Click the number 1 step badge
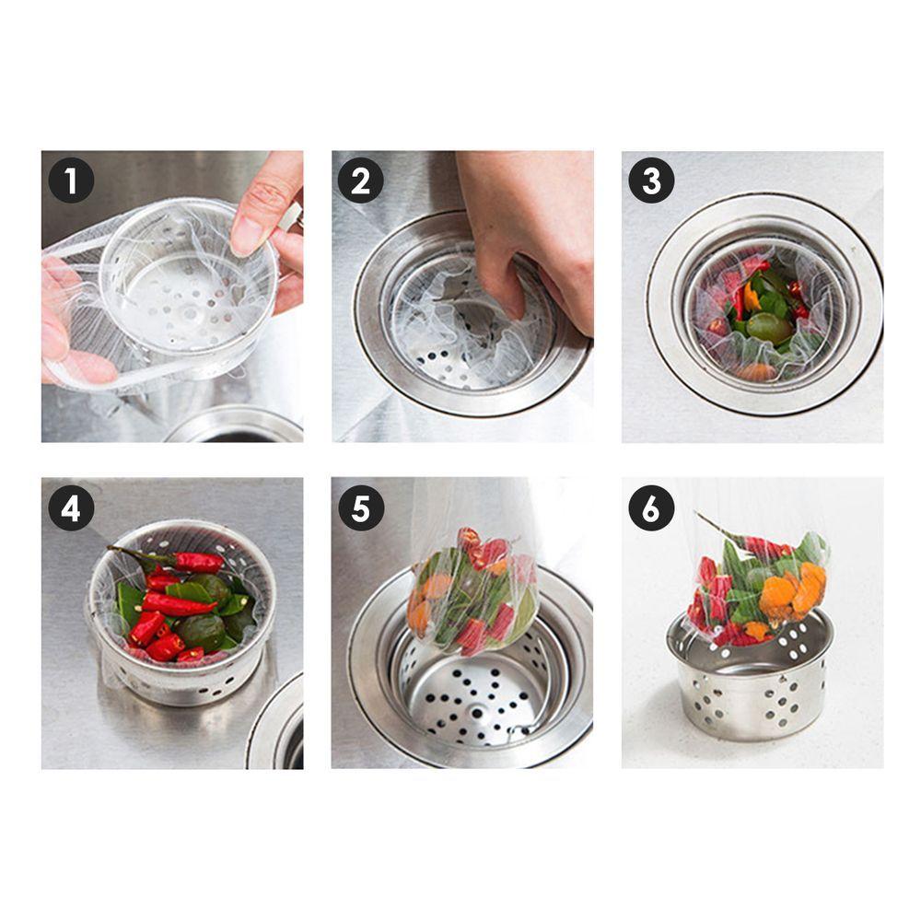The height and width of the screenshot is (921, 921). [x=71, y=181]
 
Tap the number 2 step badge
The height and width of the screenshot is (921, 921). [x=361, y=181]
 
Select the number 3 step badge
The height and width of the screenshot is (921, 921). [x=651, y=181]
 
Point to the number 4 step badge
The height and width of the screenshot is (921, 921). [x=71, y=508]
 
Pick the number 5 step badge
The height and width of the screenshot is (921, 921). [x=361, y=508]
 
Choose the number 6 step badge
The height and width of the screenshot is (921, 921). [x=651, y=508]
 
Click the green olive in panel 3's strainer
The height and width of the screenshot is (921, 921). [x=769, y=329]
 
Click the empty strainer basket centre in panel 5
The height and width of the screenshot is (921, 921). [x=477, y=699]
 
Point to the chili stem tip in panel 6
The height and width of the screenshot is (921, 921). [x=698, y=515]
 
